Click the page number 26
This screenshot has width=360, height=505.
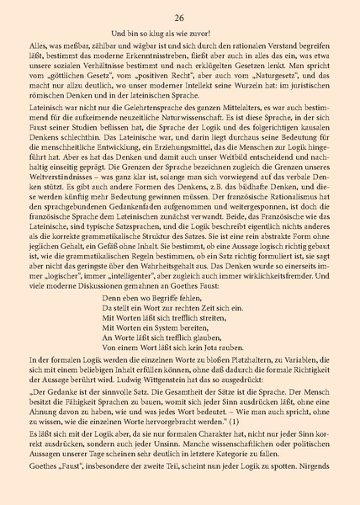pyautogui.click(x=179, y=17)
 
